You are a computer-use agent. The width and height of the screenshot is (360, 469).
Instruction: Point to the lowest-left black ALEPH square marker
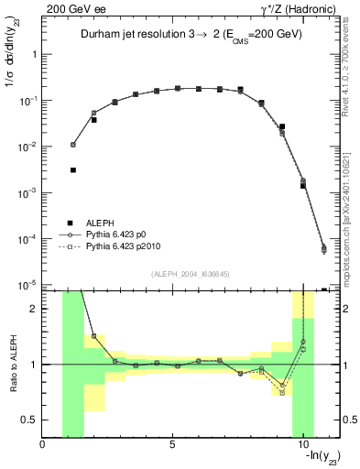click(x=73, y=170)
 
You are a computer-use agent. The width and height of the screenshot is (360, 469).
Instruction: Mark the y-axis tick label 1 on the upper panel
click(x=35, y=54)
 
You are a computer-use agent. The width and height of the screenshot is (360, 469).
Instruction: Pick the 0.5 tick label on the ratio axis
click(x=31, y=420)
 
